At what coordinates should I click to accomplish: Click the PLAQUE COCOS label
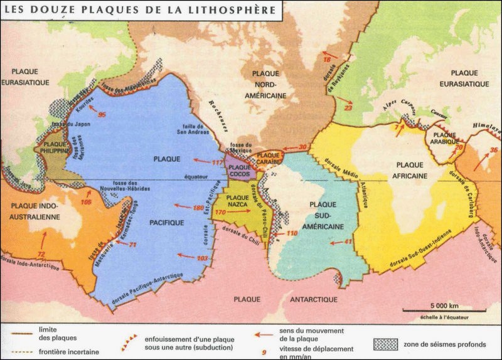tap(238, 170)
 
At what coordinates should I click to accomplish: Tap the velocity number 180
tap(200, 208)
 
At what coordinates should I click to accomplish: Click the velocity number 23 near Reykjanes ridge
tap(350, 108)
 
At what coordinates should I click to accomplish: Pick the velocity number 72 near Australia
tap(41, 254)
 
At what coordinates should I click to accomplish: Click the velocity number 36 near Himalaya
tap(493, 149)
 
